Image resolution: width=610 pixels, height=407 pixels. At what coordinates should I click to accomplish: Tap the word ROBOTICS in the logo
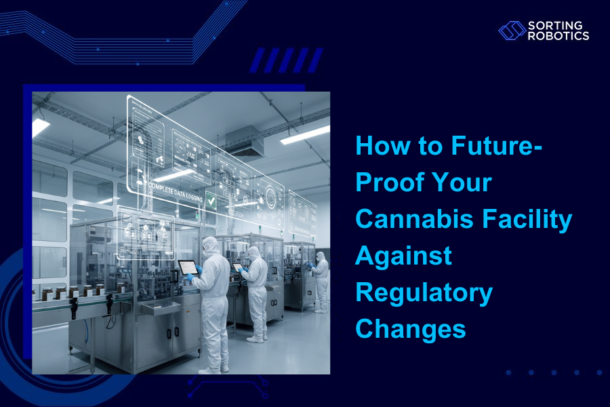[x=558, y=36]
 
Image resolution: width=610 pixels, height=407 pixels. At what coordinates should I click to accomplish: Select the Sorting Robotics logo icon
[x=512, y=31]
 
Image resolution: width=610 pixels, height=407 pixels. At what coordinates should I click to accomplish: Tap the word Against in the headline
[x=404, y=256]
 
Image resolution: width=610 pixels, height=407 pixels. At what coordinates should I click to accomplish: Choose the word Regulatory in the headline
[x=424, y=292]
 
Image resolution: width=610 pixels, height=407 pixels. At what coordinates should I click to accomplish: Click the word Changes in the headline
[x=411, y=328]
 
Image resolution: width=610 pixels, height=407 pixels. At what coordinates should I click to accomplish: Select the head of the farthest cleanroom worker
[x=321, y=258]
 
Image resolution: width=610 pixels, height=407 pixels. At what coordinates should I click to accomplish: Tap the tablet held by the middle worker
[x=237, y=267]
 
